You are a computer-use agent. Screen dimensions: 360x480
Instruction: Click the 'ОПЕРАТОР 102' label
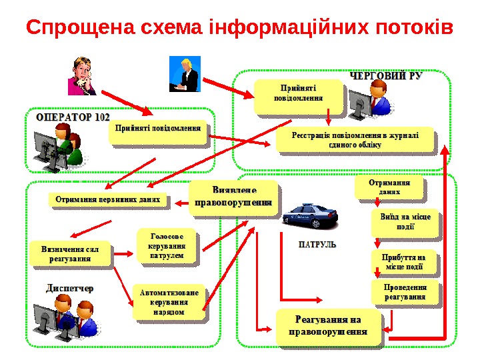(73, 116)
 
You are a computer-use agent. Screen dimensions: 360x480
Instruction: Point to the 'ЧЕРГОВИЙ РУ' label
(386, 76)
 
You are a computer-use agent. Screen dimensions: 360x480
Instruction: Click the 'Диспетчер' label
(69, 288)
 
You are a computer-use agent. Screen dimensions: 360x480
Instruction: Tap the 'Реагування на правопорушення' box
(329, 327)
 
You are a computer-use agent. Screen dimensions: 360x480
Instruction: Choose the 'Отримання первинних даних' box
(108, 199)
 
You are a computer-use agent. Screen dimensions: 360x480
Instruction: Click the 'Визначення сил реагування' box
(69, 254)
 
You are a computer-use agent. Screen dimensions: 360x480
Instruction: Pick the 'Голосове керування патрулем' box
(167, 245)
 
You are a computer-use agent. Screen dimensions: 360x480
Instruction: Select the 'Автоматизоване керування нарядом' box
(169, 302)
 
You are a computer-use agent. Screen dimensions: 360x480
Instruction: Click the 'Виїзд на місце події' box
(405, 223)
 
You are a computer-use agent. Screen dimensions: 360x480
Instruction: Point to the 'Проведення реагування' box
(405, 292)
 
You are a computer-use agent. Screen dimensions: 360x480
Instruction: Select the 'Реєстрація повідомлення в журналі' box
(354, 139)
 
